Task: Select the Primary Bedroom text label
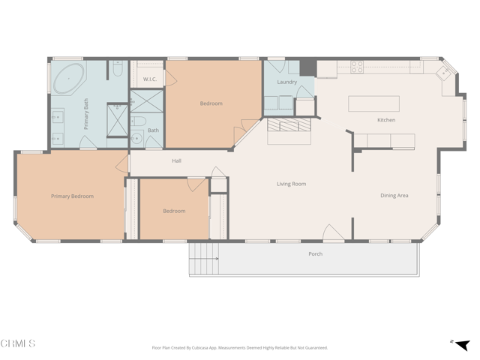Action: [x=72, y=196]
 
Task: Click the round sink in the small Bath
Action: [x=136, y=137]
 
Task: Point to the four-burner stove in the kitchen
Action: [x=357, y=67]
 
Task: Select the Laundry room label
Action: [x=286, y=82]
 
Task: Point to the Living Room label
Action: [x=291, y=184]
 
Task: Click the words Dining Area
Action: [x=394, y=196]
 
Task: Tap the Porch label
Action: [x=316, y=254]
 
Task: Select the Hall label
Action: [x=176, y=160]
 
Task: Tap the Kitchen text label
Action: [x=385, y=120]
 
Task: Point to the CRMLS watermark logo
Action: [x=18, y=344]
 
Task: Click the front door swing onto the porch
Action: [x=333, y=232]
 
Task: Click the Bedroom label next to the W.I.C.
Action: [x=211, y=103]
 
